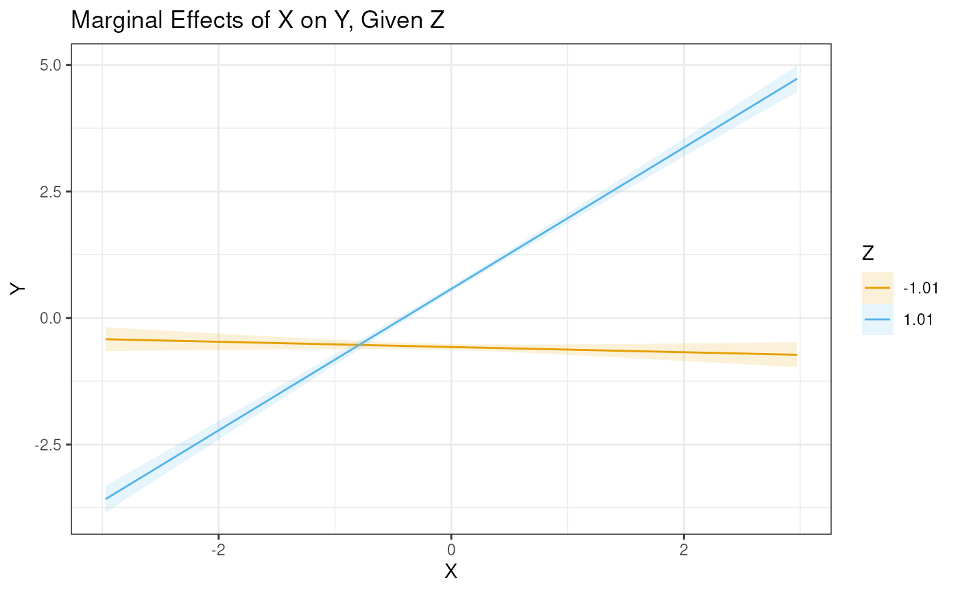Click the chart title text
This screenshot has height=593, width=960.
[258, 21]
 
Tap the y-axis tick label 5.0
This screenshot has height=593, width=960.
[51, 65]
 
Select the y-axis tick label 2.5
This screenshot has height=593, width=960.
[51, 191]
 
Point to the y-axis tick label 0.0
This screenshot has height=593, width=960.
[51, 318]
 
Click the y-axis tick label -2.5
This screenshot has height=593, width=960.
[49, 444]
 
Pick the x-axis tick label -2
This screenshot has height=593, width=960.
[217, 549]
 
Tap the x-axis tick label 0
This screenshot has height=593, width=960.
[451, 549]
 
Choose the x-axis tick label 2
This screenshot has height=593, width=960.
[684, 549]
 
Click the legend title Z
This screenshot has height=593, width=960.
[868, 254]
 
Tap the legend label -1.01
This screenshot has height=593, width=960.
[920, 288]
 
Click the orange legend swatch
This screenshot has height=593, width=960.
[878, 288]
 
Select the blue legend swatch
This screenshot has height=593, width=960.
[878, 319]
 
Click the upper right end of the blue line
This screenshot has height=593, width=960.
[796, 79]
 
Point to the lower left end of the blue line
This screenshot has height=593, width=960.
[106, 498]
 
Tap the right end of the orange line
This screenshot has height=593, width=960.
[796, 354]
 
